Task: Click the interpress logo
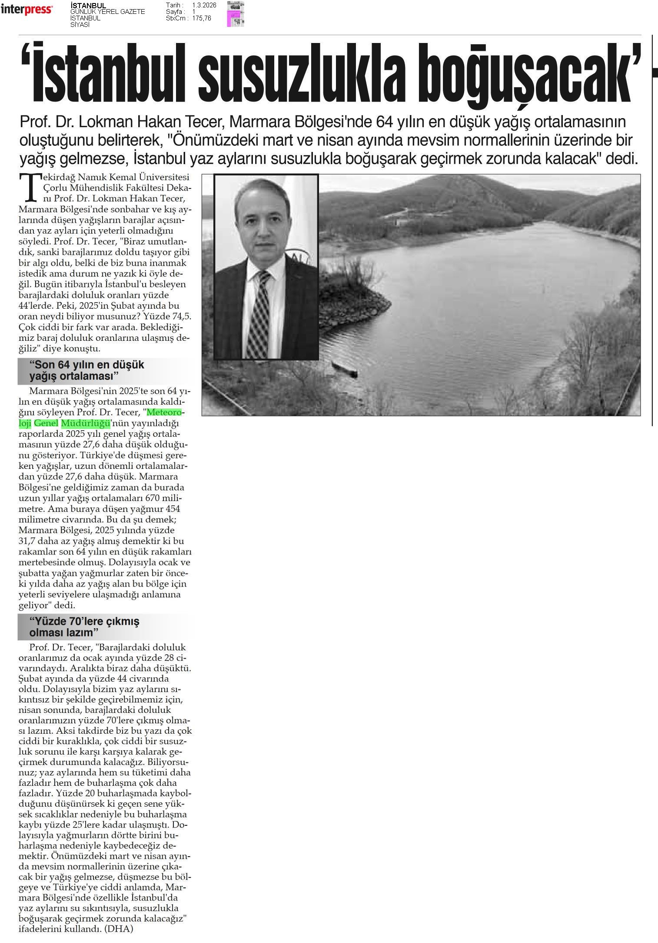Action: click(x=27, y=10)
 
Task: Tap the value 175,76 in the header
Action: click(x=201, y=18)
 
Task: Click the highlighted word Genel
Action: click(x=46, y=422)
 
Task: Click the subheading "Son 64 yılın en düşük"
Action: click(x=86, y=365)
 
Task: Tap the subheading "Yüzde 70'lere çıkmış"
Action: click(x=84, y=621)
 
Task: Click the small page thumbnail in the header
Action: click(x=235, y=14)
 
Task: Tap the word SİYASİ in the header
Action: click(x=80, y=25)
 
